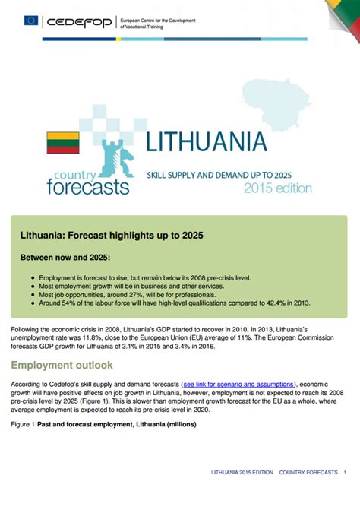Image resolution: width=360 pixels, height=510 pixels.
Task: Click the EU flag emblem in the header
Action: click(x=31, y=21)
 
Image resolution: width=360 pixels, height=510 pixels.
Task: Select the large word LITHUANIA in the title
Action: click(x=206, y=142)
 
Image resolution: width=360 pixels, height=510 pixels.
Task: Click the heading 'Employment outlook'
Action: click(x=62, y=365)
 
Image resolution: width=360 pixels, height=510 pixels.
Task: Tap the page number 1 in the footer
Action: click(x=346, y=473)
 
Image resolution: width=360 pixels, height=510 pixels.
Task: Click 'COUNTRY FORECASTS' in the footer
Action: click(x=308, y=473)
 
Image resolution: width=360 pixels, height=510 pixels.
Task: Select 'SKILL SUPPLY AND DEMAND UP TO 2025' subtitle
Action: click(x=219, y=175)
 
